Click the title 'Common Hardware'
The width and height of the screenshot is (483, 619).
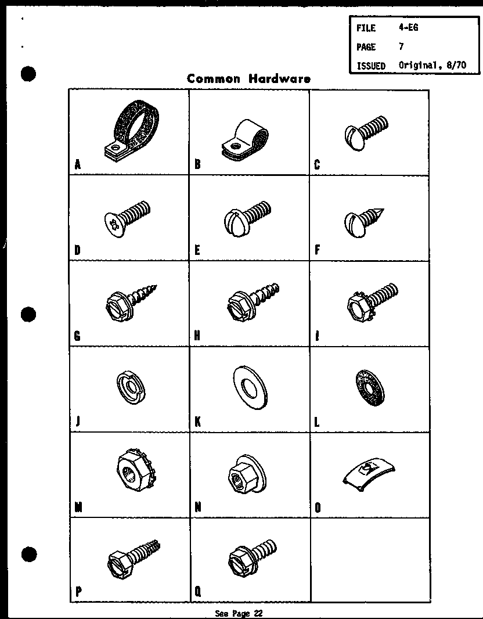point(248,79)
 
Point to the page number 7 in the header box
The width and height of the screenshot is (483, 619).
point(401,46)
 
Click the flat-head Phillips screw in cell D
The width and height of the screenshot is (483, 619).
point(128,215)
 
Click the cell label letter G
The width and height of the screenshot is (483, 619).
point(78,336)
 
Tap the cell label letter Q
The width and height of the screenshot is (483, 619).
point(198,592)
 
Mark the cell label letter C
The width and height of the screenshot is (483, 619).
point(317,165)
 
